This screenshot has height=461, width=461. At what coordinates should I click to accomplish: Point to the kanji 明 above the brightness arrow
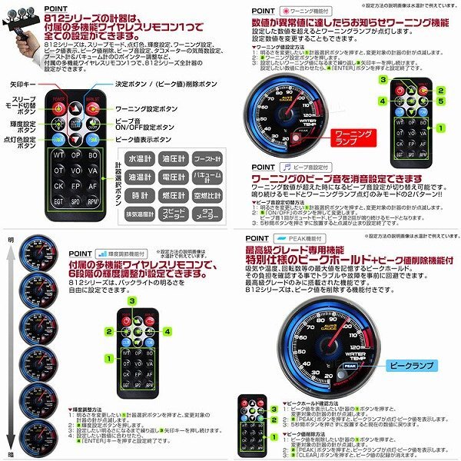pos(11,240)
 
